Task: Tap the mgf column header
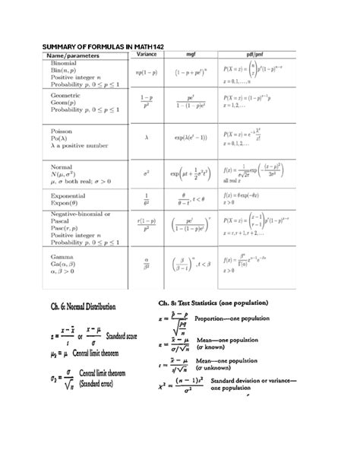point(191,55)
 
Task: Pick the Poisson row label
point(62,131)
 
